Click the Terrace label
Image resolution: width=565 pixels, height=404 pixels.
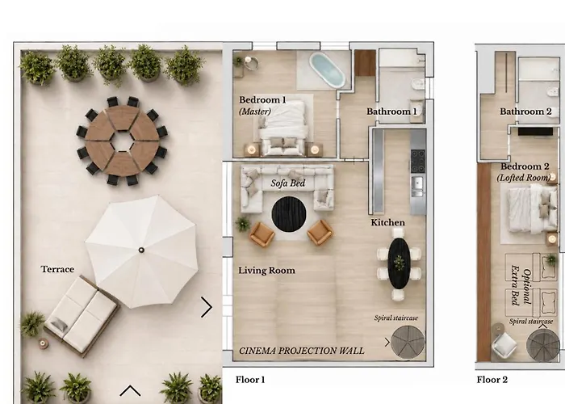(x=57, y=269)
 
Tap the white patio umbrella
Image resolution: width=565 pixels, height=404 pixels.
(x=141, y=251)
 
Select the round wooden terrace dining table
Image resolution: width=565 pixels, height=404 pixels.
(x=122, y=141)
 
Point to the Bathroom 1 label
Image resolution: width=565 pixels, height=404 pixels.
(x=391, y=112)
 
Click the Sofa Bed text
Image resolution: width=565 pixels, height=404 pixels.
(x=288, y=183)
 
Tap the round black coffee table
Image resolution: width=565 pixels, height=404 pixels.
(x=289, y=214)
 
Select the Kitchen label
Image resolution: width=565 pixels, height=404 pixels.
(x=387, y=222)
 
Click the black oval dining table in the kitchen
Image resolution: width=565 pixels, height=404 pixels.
(x=399, y=263)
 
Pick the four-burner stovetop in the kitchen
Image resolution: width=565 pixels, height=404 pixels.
(x=417, y=161)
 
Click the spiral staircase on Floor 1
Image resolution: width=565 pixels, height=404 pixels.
(x=408, y=343)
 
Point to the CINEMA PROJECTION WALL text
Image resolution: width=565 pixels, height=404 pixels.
(x=302, y=351)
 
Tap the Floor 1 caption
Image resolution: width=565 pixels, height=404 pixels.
(x=250, y=380)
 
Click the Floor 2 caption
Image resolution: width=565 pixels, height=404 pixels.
(x=492, y=380)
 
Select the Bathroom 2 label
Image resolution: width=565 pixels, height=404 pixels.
(x=525, y=112)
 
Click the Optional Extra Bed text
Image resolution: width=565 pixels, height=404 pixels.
(x=521, y=285)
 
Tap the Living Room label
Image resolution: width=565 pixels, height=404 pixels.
(x=266, y=271)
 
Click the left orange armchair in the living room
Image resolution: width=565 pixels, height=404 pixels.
(x=262, y=234)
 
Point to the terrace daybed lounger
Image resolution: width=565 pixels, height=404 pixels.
(x=82, y=316)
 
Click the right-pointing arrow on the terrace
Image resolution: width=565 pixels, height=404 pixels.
(x=207, y=307)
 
